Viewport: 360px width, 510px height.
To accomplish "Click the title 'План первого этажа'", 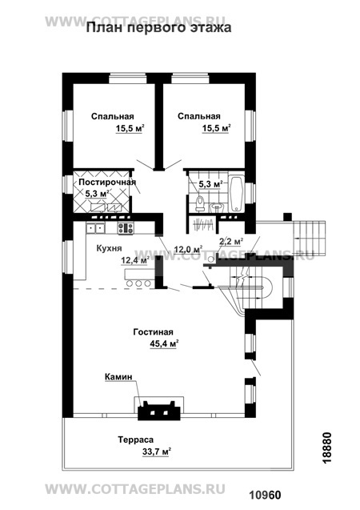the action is (158, 28).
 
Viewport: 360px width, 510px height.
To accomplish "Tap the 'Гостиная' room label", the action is (153, 332).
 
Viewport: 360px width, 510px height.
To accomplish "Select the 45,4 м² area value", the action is (165, 343).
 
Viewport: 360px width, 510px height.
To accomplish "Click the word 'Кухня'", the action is (109, 248).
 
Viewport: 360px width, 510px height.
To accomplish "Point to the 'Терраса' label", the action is (135, 440).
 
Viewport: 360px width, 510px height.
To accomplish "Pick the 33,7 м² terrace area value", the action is (157, 452).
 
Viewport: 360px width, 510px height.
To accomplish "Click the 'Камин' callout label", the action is (118, 376).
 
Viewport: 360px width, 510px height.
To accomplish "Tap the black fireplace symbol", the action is (159, 411).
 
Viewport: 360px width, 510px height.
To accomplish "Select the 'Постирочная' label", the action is (107, 183).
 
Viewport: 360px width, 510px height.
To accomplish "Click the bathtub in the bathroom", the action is (236, 195).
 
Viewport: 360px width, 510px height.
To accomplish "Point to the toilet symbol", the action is (200, 203).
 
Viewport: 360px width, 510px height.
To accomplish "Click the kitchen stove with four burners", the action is (126, 227).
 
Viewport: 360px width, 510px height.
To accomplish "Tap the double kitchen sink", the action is (95, 228).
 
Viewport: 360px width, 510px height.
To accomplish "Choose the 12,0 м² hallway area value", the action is (189, 250).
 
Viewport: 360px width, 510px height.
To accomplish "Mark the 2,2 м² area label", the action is (231, 242).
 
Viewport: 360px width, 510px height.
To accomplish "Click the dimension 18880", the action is (327, 448).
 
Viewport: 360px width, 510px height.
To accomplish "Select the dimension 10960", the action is (265, 496).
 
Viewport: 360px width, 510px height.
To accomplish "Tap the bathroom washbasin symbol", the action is (216, 207).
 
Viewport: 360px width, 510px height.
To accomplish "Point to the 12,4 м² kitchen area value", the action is (135, 260).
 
